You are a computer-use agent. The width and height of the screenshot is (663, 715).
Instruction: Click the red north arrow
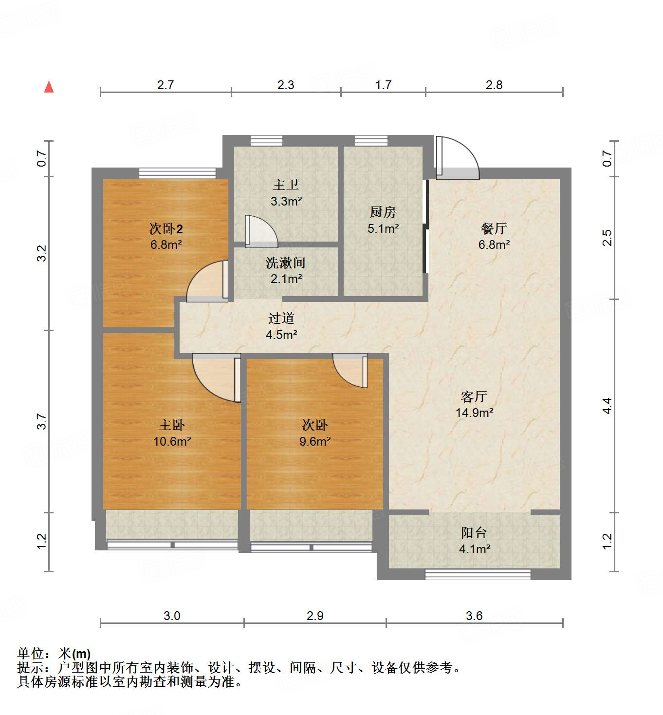49,87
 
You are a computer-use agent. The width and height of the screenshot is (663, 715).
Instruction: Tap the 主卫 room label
286,185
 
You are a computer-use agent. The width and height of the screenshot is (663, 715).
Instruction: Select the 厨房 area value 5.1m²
383,228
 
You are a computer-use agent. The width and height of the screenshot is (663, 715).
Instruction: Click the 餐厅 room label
494,228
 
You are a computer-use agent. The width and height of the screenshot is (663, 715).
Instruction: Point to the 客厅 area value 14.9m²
474,413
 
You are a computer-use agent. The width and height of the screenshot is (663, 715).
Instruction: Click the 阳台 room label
474,532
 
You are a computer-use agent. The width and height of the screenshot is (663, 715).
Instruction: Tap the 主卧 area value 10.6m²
172,441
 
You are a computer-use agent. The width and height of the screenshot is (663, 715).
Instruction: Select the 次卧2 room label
166,228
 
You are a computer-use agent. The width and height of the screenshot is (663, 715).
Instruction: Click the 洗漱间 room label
285,263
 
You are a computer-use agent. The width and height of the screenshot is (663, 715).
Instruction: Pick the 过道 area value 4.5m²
281,335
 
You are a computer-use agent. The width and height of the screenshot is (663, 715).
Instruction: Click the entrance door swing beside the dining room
458,158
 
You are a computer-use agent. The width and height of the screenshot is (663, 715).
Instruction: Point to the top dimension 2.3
286,85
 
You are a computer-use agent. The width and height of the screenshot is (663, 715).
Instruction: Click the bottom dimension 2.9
315,616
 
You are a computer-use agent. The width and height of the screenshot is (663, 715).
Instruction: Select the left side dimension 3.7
42,421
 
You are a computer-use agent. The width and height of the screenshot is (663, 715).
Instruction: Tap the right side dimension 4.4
607,406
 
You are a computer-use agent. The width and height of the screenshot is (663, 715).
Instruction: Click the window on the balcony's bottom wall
478,575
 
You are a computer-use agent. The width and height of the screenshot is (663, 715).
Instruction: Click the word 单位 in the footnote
31,654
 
